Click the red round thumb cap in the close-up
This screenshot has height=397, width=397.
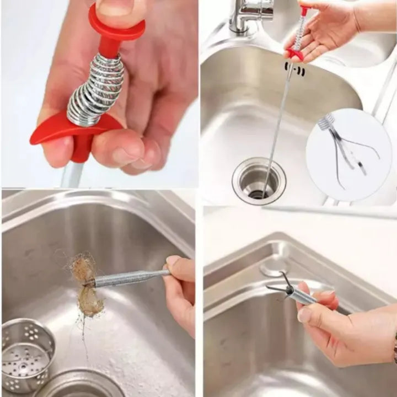pos(116,25)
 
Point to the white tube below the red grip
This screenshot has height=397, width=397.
pos(72,174)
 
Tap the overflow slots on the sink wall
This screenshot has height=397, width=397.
pos(295,69)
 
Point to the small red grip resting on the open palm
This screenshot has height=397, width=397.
pos(294,53)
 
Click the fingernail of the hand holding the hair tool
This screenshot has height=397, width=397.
pos(173,261)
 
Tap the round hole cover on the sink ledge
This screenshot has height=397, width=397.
pos(273,267)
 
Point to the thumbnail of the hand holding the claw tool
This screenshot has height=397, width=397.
pos(304,314)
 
